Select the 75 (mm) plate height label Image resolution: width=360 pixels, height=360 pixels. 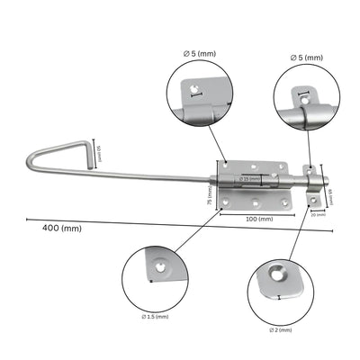coord(209,190)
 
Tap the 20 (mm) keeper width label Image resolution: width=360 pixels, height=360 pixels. coord(316,214)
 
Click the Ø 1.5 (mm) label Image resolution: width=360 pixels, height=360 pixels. coord(155,317)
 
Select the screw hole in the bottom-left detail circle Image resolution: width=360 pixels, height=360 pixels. coord(160,267)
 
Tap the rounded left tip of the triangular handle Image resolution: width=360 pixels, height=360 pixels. coord(25,165)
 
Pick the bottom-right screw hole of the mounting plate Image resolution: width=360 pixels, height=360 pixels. coord(285,202)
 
